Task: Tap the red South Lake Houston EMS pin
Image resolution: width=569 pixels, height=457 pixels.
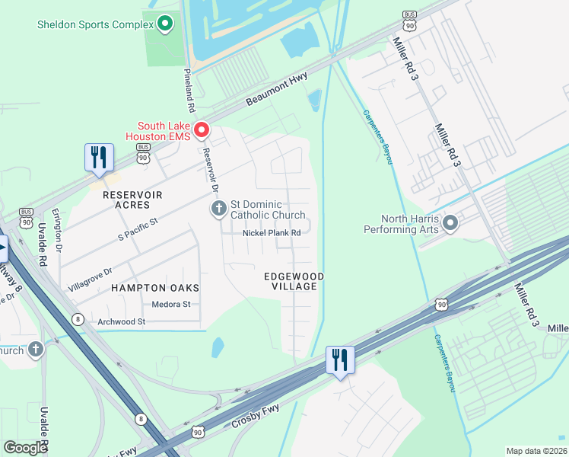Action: [x=202, y=130]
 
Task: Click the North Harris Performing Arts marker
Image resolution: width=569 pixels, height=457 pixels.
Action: [x=450, y=223]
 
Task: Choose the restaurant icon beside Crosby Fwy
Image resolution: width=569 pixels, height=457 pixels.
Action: [x=340, y=360]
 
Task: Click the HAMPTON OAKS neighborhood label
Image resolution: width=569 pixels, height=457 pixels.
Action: [x=155, y=288]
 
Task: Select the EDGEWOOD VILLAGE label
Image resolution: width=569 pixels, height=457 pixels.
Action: [x=294, y=280]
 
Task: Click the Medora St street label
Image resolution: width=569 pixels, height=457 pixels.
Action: [x=171, y=305]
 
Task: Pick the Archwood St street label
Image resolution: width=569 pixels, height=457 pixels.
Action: [x=121, y=322]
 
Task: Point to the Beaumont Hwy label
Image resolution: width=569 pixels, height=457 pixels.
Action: [x=276, y=91]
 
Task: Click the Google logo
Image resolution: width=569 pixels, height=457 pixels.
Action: [x=25, y=448]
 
